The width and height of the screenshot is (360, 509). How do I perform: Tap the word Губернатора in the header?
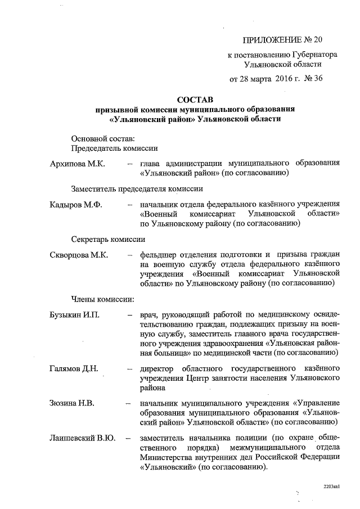pos(314,55)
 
